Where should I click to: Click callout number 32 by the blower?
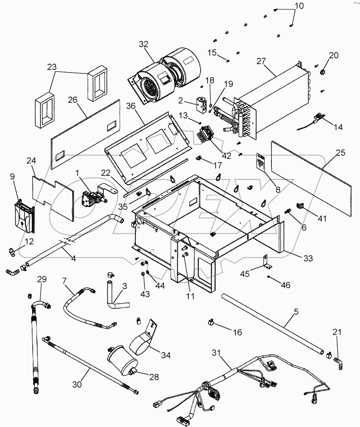point(143,44)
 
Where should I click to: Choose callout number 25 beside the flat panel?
point(340,152)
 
